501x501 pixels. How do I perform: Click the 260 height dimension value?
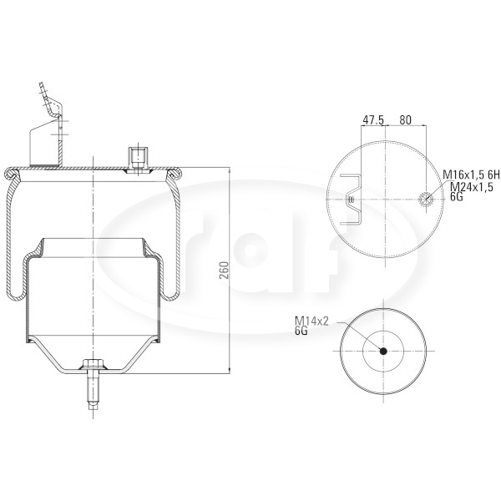(x=225, y=270)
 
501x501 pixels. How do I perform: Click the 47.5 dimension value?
(x=373, y=120)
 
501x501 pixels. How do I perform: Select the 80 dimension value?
(x=405, y=120)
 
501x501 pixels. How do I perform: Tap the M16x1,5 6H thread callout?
(x=471, y=175)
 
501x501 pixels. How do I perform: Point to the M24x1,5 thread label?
(x=472, y=186)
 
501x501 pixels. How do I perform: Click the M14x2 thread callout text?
(x=311, y=321)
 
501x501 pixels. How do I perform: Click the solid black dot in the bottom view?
(x=383, y=352)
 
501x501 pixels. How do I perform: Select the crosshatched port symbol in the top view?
(x=426, y=199)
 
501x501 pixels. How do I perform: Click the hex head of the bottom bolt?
(x=93, y=363)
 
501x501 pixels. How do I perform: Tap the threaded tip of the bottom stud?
(x=93, y=405)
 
